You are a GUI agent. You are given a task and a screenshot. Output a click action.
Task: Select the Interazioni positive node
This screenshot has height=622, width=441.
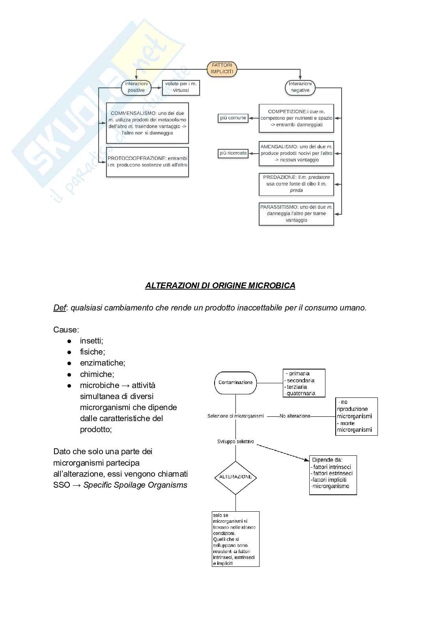[x=136, y=87]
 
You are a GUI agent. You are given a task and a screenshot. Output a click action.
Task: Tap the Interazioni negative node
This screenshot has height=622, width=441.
[x=300, y=87]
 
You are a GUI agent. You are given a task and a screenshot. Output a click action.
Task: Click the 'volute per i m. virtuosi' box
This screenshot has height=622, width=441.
[x=181, y=87]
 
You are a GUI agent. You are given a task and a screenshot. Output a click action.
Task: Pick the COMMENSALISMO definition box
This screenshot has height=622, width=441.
[x=148, y=123]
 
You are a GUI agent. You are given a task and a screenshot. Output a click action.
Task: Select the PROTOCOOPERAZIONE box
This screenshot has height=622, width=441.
[x=148, y=162]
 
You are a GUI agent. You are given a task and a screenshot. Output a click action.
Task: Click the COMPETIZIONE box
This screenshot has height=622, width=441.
[x=296, y=118]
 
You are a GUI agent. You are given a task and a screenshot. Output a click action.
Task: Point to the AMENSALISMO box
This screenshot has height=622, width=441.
[x=296, y=153]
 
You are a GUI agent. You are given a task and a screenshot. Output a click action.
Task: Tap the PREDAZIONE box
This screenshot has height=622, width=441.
[x=296, y=184]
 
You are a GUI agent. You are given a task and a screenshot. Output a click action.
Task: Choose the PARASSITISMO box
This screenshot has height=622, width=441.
[x=296, y=214]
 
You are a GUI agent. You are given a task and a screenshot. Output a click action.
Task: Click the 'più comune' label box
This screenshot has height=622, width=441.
[x=233, y=118]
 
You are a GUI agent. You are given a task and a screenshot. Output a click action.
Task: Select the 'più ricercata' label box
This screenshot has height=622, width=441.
[x=233, y=153]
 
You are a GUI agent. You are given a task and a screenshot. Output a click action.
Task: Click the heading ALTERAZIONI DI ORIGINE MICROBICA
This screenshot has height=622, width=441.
[x=220, y=286]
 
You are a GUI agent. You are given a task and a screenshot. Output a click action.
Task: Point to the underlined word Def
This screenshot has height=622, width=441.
[x=59, y=308]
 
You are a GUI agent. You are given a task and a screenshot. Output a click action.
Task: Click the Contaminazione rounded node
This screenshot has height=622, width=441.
[x=235, y=382]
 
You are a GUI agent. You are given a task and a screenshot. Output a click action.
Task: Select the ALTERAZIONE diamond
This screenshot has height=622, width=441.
[x=235, y=477]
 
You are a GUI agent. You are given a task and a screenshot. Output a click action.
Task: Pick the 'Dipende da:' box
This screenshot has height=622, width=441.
[x=333, y=475]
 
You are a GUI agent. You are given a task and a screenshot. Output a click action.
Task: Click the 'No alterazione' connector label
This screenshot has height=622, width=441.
[x=295, y=416]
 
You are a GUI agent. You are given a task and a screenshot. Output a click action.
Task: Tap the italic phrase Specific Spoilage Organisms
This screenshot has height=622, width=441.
[x=135, y=485]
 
